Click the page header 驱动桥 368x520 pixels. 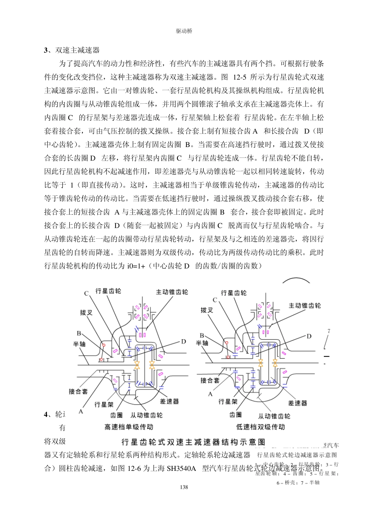[x=184, y=31]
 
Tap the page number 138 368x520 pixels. [x=184, y=487]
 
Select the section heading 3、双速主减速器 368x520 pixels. [x=72, y=50]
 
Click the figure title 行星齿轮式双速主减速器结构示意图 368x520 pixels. [x=193, y=442]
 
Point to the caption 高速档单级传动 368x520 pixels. [x=129, y=427]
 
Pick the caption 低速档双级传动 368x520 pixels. [x=260, y=427]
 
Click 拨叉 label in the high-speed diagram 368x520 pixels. [x=86, y=312]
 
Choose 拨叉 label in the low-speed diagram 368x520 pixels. [x=207, y=310]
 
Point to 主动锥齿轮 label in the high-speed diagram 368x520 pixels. [x=172, y=292]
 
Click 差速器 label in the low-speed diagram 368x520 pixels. [x=297, y=403]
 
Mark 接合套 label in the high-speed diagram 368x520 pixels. [x=78, y=391]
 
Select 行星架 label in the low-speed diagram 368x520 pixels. [x=228, y=402]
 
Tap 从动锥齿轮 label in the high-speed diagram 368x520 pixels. [x=146, y=415]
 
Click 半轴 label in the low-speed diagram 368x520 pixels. [x=202, y=343]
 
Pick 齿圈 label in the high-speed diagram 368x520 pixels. [x=116, y=415]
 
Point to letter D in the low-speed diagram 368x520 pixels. [x=309, y=336]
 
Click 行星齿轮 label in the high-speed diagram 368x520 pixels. [x=108, y=291]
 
